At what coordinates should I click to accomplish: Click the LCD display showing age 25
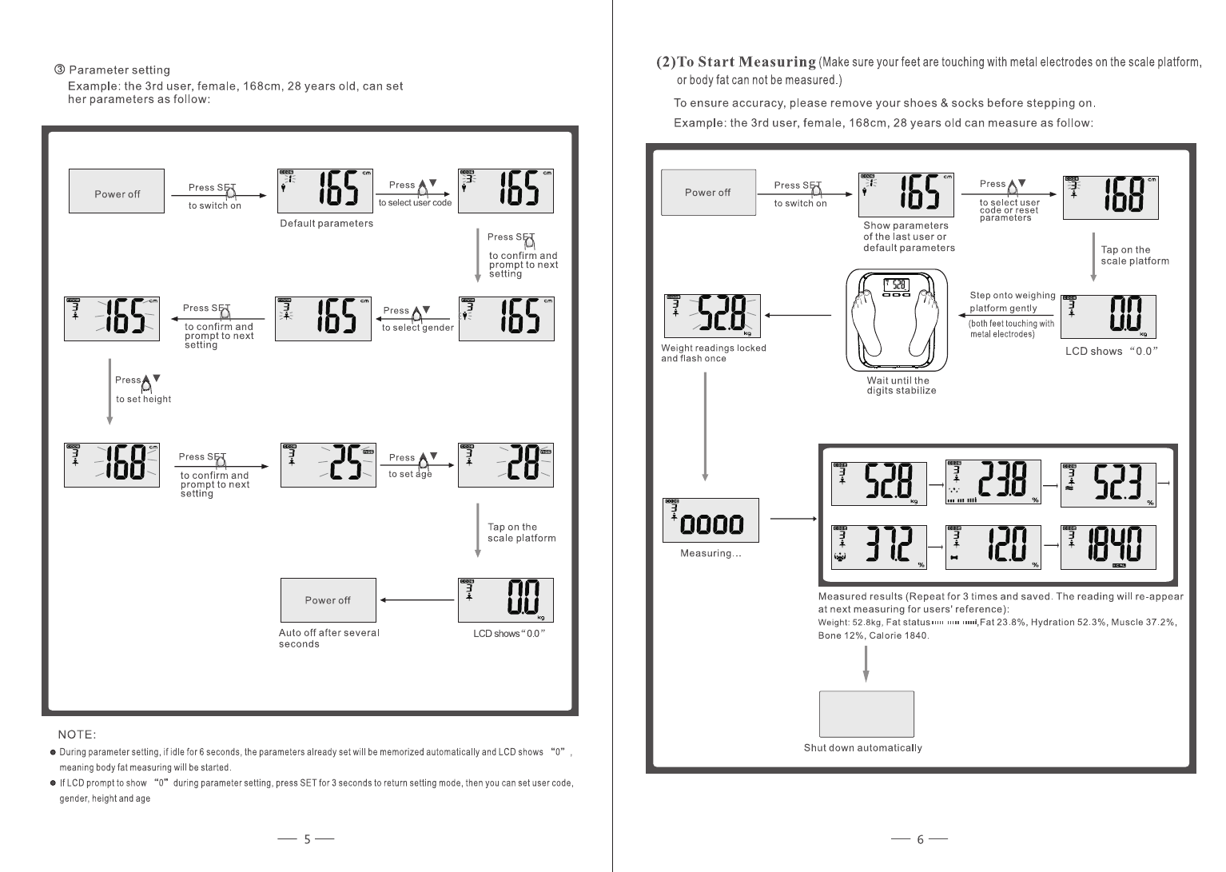[328, 465]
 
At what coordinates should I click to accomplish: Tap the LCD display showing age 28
[505, 465]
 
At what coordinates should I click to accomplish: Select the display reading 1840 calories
[1108, 547]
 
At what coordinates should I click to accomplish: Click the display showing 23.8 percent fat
[993, 482]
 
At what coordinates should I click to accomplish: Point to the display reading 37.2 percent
[878, 547]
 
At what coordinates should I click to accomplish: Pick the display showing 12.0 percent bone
[993, 547]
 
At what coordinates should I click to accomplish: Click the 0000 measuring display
[711, 520]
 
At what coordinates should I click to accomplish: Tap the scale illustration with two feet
[897, 321]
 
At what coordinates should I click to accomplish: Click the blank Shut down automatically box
[866, 714]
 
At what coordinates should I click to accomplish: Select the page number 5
[307, 839]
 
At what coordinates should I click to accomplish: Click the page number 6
[920, 839]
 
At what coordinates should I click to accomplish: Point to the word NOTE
[77, 735]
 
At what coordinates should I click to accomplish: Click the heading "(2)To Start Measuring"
[735, 62]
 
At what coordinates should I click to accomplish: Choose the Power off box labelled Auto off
[328, 600]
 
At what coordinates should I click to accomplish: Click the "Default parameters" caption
[326, 224]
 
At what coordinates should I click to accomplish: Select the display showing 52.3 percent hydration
[1108, 484]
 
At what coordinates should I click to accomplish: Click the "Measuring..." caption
[711, 553]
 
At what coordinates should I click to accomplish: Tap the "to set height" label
[143, 400]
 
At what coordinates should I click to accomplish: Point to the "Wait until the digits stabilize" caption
[901, 385]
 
